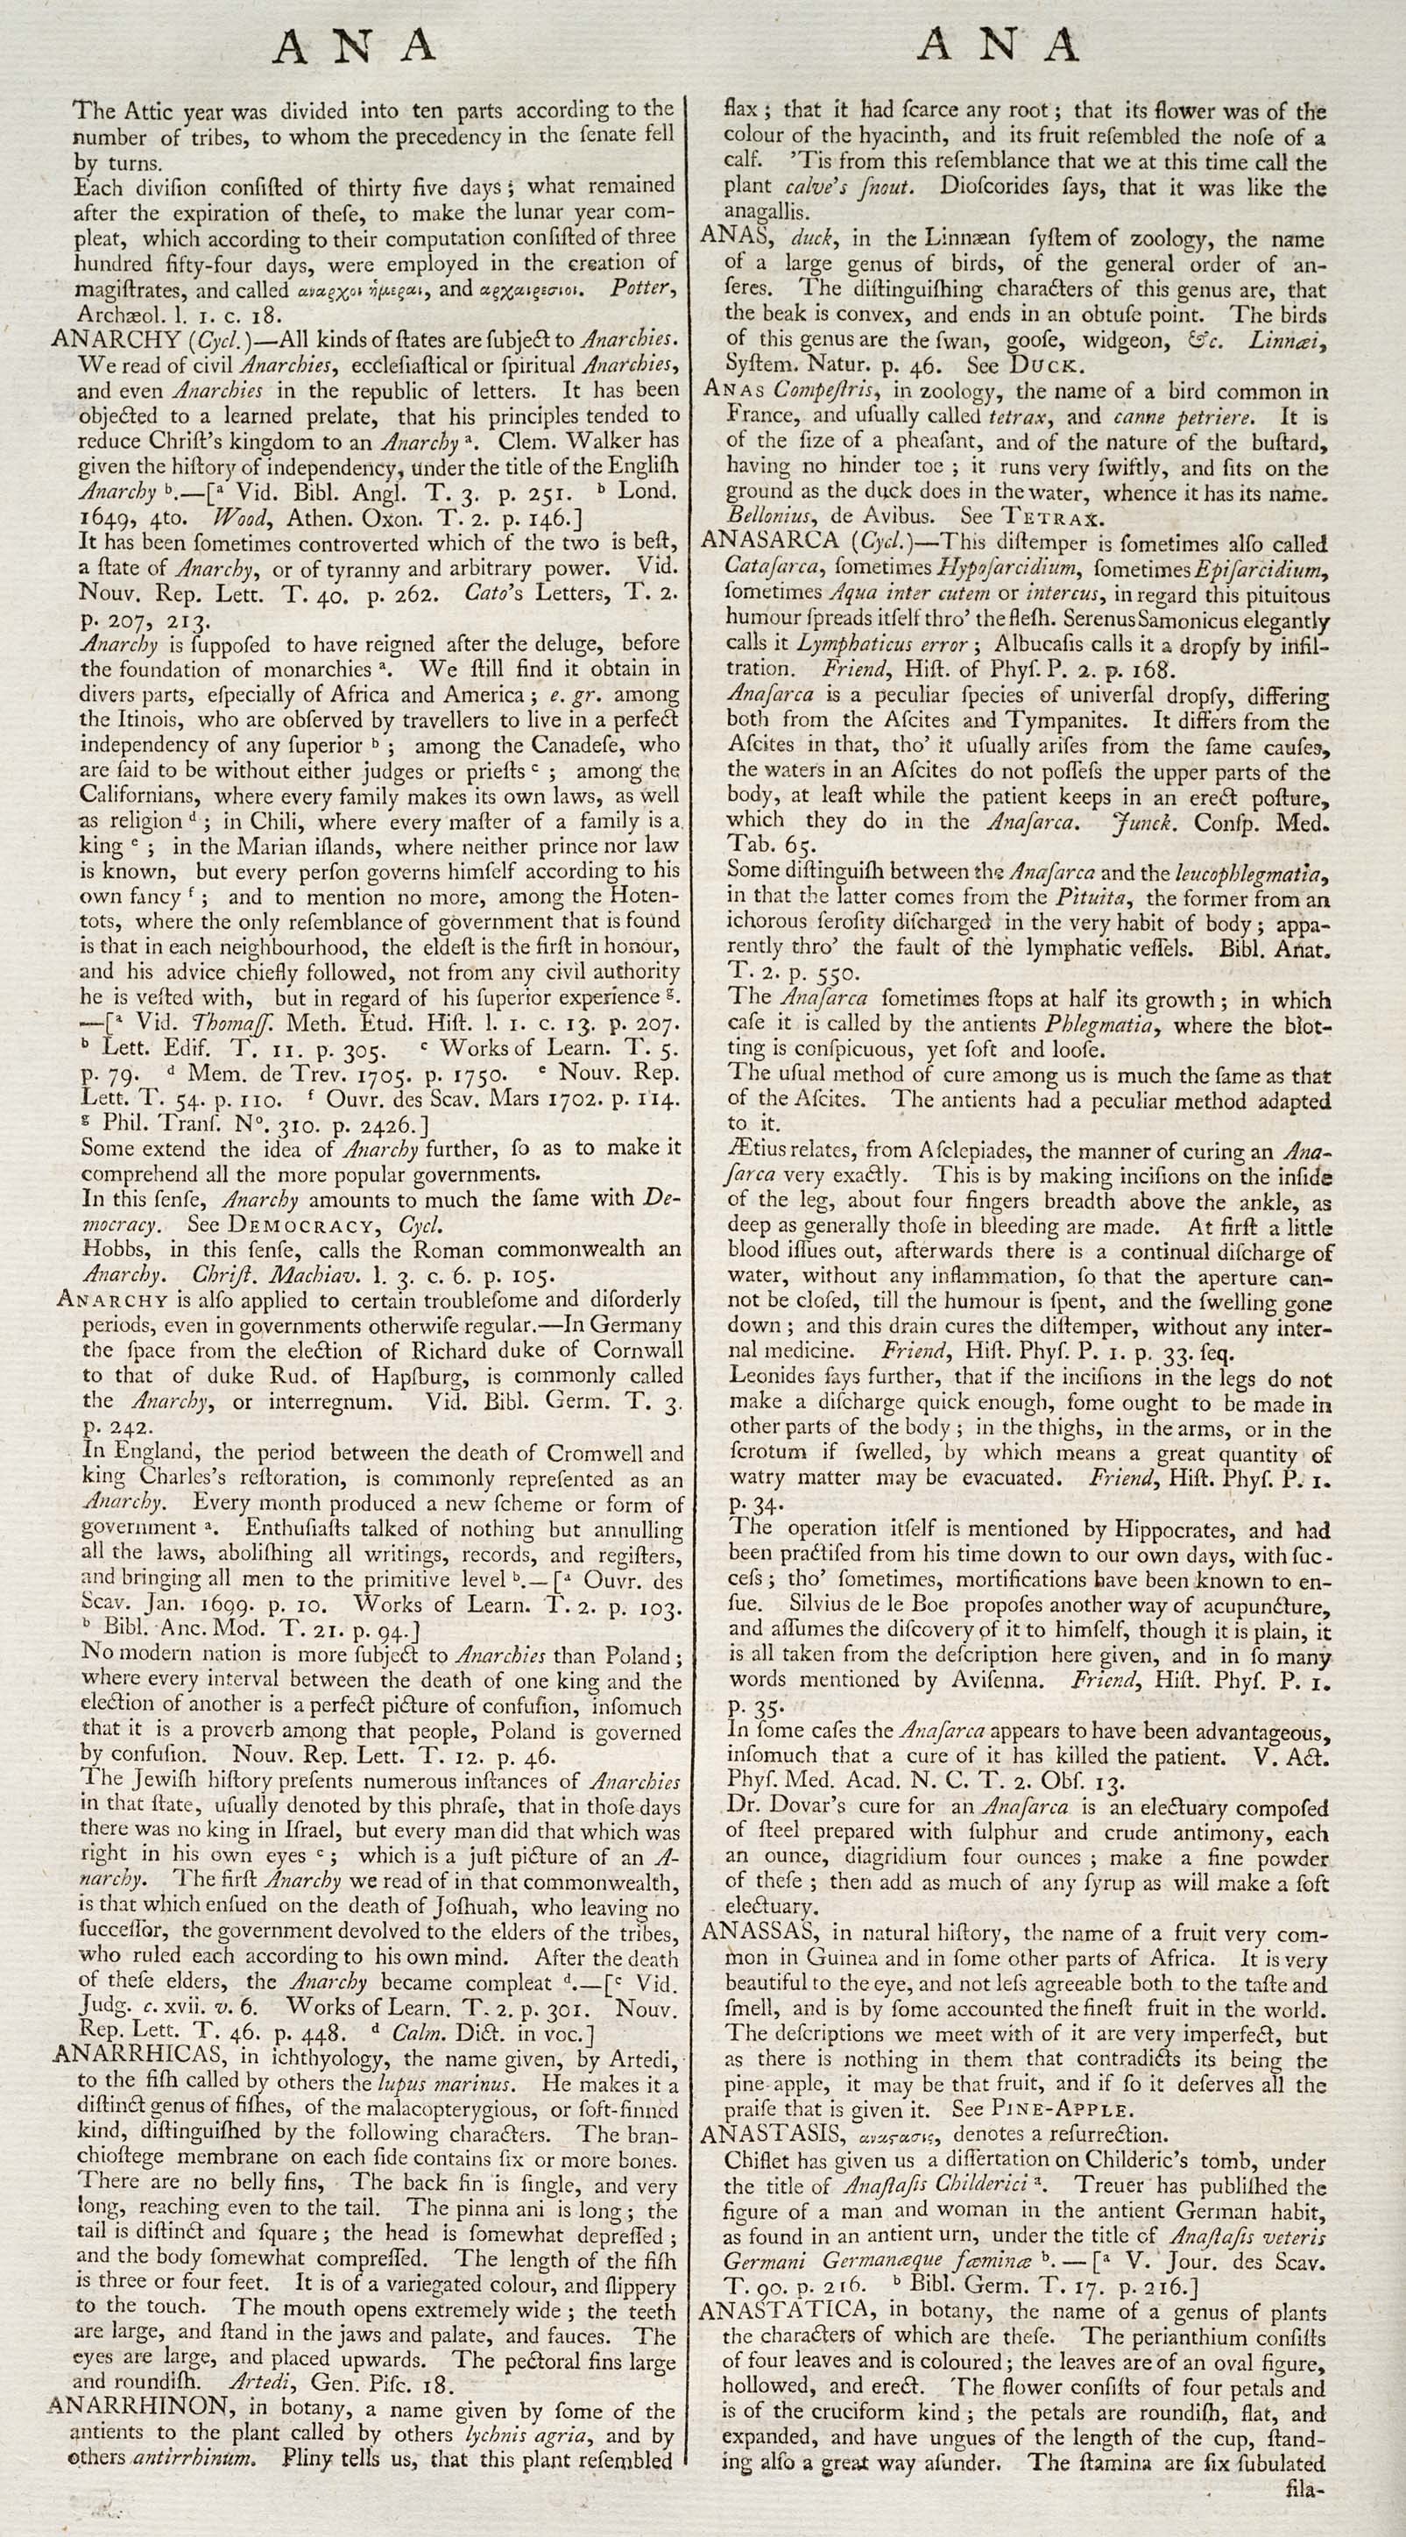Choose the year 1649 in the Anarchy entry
point(105,516)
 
